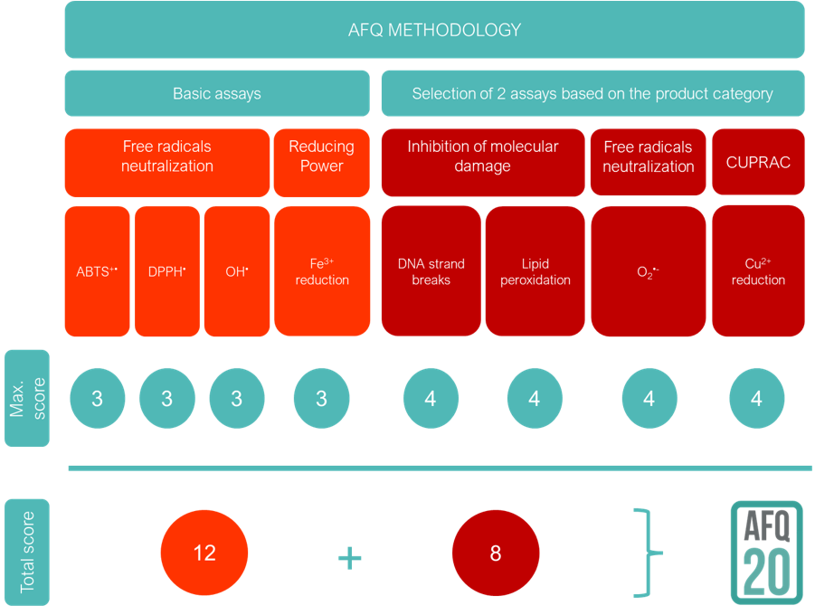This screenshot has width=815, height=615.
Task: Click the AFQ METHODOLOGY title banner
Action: pos(434,30)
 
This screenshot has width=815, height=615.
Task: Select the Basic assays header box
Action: pos(217,93)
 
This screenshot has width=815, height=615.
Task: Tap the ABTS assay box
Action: pos(99,270)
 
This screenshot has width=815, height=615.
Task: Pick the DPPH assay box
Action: pos(167,270)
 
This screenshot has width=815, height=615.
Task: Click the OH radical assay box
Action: pos(237,270)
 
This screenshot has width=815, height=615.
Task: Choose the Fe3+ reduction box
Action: pos(322,270)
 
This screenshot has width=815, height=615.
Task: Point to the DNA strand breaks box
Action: pos(431,270)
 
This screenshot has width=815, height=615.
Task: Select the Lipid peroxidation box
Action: pos(535,270)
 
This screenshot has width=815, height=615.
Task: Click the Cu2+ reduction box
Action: pos(758,270)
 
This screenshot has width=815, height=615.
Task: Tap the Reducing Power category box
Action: pos(322,162)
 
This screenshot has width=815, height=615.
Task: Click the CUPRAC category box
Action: pos(758,162)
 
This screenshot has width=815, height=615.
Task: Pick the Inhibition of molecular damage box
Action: pos(483,162)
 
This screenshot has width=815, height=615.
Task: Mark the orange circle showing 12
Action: pos(204,553)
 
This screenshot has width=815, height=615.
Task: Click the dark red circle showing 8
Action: pos(496,553)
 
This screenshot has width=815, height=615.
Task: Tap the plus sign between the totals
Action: pos(349,557)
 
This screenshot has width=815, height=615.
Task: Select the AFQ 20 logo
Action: pos(765,552)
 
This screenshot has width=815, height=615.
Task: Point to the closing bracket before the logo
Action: pos(647,552)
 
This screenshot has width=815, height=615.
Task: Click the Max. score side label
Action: pos(27,398)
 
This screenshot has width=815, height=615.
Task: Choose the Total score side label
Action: pos(27,552)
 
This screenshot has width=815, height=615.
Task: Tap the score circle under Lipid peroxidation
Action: pos(535,398)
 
